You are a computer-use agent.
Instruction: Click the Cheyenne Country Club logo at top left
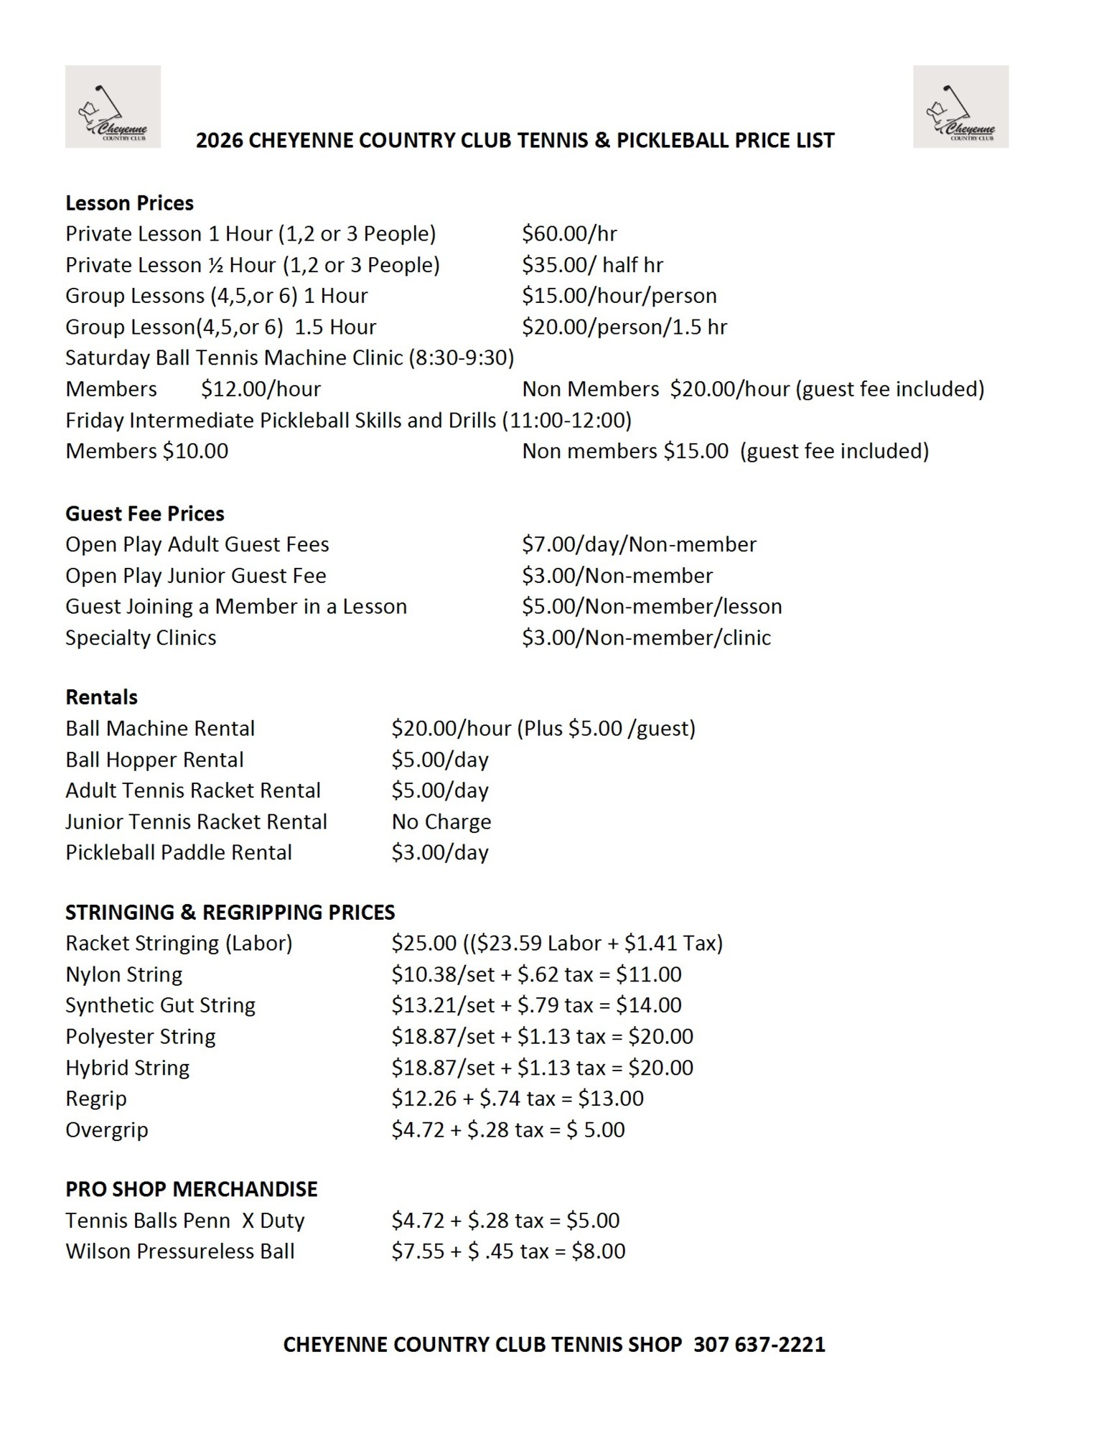tap(113, 107)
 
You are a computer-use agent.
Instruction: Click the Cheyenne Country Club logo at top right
tap(960, 107)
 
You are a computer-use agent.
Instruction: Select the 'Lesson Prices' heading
tap(129, 203)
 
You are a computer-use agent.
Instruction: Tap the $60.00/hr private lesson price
tap(569, 234)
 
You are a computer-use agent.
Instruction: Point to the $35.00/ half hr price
tap(592, 265)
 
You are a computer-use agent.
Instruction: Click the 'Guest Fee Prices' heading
tap(144, 513)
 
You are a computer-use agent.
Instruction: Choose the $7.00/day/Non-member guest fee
tap(639, 544)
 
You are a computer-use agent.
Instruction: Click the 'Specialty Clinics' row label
tap(141, 638)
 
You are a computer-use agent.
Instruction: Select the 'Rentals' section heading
tap(101, 697)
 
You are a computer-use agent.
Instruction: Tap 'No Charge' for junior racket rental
tap(441, 821)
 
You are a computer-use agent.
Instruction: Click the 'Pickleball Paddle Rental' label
tap(179, 852)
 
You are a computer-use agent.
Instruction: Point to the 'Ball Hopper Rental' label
tap(154, 760)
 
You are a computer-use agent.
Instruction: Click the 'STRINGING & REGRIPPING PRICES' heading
tap(230, 912)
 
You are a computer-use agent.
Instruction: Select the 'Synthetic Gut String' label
tap(160, 1005)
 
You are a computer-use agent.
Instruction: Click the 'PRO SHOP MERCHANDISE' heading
tap(191, 1189)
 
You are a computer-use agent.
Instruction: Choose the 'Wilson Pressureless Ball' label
tap(180, 1251)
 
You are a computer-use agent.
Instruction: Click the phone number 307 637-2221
tap(759, 1344)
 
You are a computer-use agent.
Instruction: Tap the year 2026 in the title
tap(219, 140)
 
